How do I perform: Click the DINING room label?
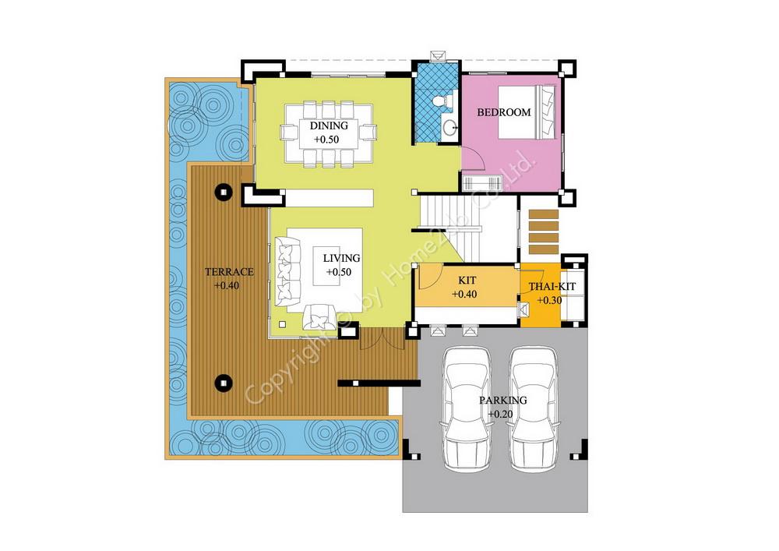coord(329,125)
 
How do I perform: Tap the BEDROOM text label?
coord(504,112)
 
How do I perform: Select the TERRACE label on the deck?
coord(229,272)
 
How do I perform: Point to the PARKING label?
coord(502,400)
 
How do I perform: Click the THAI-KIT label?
coord(552,287)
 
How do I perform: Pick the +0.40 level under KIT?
coord(464,294)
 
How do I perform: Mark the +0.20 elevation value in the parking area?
coord(500,414)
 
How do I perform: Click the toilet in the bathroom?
coord(442,101)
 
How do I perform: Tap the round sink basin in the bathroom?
coord(450,128)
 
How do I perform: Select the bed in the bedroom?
coord(527,113)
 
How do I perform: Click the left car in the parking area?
coord(466,409)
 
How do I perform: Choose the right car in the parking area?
coord(533,409)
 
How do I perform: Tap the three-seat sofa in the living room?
coord(288,272)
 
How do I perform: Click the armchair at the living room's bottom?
coord(319,316)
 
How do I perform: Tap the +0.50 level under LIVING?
coord(339,272)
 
